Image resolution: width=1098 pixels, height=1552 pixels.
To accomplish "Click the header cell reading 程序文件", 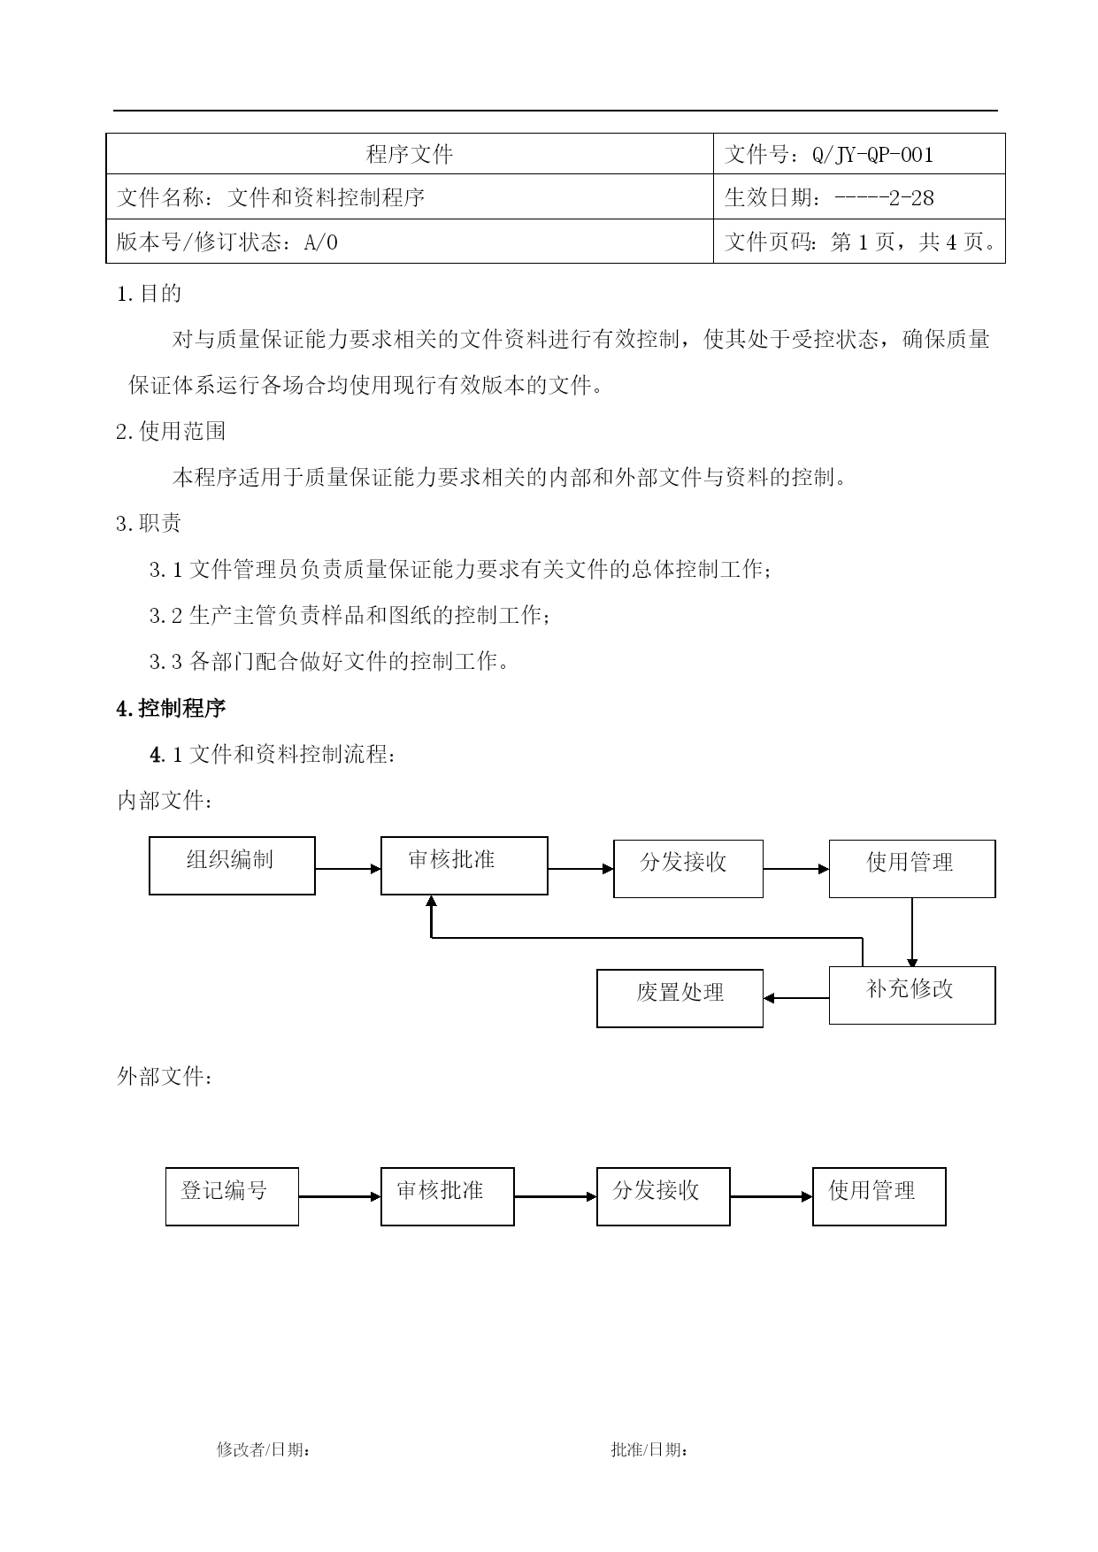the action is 410,154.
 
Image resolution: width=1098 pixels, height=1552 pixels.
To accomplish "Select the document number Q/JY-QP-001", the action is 872,155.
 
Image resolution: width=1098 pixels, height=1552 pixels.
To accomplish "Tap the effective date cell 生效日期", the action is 859,196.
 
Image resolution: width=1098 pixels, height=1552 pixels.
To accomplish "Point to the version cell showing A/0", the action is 410,241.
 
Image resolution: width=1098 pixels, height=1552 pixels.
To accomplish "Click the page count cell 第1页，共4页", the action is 859,241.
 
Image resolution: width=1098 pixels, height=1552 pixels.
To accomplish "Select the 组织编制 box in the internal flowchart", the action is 232,865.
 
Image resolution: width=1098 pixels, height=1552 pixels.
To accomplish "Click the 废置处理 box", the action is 680,998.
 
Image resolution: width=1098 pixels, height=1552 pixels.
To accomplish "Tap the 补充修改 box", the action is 912,995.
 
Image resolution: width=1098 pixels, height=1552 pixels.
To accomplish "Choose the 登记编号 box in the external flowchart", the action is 232,1196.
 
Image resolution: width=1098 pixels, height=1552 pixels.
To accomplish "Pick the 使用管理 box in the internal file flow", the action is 912,869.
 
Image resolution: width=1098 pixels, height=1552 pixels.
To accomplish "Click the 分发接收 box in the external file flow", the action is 664,1196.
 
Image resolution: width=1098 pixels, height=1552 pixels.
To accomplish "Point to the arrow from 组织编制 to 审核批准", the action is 349,869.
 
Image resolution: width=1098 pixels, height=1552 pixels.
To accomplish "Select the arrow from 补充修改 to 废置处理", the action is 796,998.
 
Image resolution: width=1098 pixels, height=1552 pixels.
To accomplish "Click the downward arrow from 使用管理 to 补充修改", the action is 912,933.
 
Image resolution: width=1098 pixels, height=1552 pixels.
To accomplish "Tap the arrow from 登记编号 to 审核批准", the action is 340,1197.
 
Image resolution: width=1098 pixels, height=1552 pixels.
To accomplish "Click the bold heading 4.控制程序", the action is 171,709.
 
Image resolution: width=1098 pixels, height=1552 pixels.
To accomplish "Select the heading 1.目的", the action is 149,293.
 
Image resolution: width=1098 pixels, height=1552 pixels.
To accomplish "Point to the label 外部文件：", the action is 165,1077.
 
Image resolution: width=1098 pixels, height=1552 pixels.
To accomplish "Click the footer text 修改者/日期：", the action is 264,1449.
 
